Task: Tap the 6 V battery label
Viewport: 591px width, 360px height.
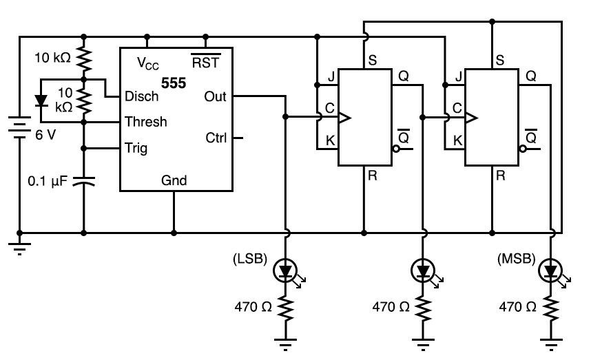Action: point(45,134)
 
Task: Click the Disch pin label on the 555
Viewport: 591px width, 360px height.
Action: point(142,96)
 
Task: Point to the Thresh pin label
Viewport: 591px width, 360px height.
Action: point(145,122)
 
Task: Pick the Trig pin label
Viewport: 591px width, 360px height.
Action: point(136,147)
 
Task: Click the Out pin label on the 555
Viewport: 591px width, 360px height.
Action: point(215,96)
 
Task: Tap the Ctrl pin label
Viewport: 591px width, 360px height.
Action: point(216,138)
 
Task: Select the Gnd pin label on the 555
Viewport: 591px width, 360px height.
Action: point(174,180)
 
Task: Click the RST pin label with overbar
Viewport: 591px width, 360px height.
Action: point(206,63)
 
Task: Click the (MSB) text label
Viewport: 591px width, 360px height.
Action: point(514,260)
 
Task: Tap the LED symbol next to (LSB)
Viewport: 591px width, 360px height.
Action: point(285,271)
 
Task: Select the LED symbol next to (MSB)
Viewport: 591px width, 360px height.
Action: point(550,271)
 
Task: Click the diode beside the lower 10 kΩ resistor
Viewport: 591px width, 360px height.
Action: point(41,100)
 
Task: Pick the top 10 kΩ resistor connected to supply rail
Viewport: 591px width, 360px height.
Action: point(84,59)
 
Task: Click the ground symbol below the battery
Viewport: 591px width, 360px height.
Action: point(20,248)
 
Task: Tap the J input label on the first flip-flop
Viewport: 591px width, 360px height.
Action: point(332,77)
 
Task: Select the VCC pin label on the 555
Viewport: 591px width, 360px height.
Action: point(148,63)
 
